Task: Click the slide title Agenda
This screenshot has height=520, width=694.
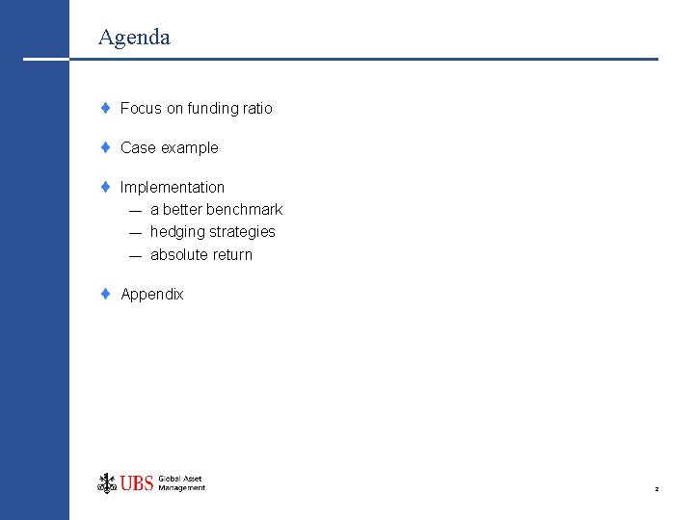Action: (x=134, y=38)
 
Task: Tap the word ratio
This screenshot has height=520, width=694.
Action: (x=257, y=108)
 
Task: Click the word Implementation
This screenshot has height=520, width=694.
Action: (x=173, y=187)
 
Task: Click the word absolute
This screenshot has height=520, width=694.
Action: (x=178, y=254)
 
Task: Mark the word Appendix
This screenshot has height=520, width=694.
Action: (x=151, y=294)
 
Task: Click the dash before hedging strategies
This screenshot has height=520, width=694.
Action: (x=134, y=232)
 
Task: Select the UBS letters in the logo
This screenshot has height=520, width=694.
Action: (x=137, y=483)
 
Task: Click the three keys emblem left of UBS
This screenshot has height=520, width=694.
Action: (x=106, y=482)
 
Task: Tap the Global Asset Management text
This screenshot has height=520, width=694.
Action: (x=181, y=483)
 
